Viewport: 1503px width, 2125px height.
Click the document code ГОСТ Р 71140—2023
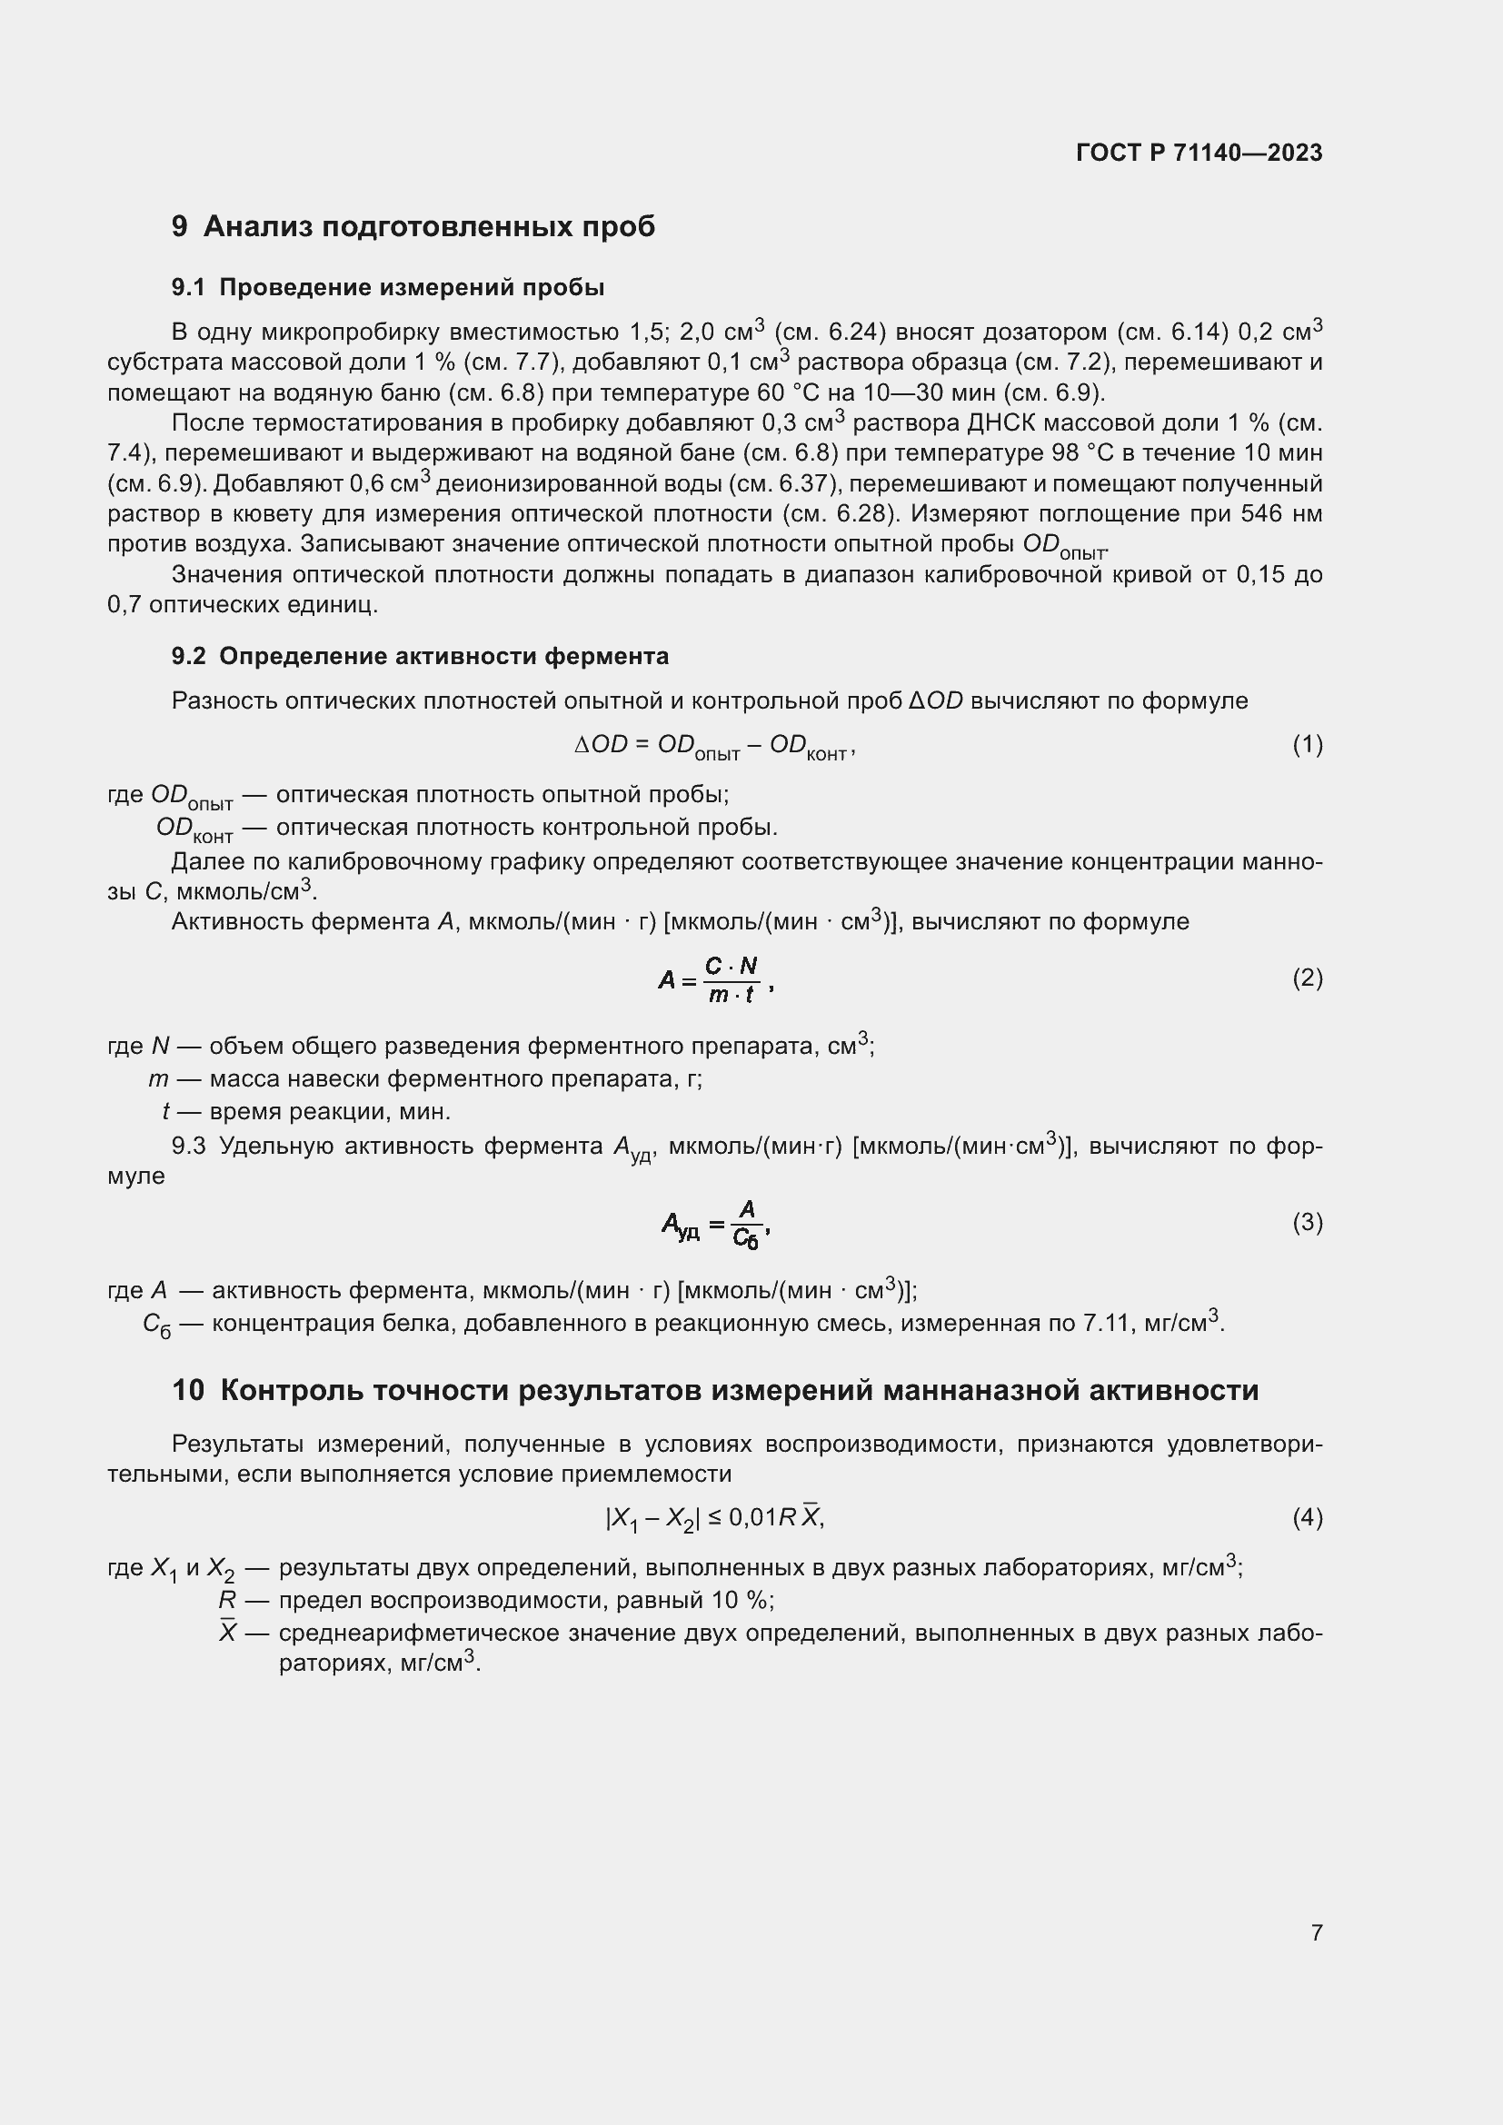pos(1199,153)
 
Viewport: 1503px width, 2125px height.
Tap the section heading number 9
pos(180,226)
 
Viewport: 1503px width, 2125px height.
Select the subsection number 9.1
pos(188,287)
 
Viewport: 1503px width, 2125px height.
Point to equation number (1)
pos(1307,744)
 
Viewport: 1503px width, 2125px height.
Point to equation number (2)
pos(1307,978)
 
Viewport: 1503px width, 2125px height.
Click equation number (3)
pos(1307,1223)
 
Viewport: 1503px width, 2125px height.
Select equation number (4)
pos(1307,1517)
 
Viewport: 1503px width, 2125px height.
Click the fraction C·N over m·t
pos(732,980)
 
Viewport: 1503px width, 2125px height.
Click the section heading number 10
pos(188,1390)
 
